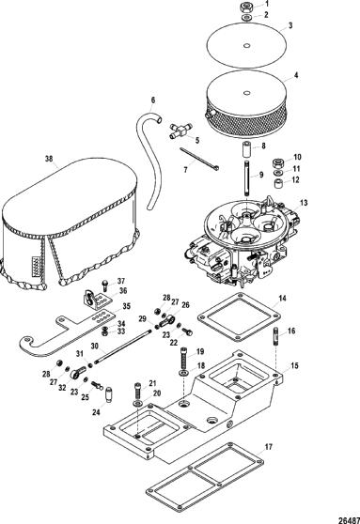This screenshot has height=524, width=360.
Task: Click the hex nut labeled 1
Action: click(246, 7)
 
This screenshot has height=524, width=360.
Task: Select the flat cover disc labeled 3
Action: click(247, 45)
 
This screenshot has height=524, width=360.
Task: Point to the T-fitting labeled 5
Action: click(181, 131)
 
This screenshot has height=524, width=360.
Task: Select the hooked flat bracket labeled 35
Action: click(64, 333)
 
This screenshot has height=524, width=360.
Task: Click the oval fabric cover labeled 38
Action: click(69, 223)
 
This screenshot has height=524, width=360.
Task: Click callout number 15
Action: click(294, 365)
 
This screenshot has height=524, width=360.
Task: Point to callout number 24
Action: click(97, 412)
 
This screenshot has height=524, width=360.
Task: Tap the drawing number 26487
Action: click(350, 520)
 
